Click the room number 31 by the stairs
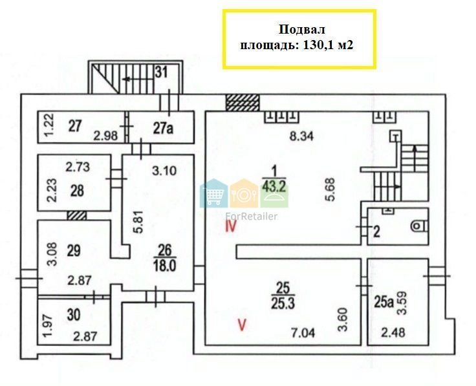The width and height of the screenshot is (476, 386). (161, 72)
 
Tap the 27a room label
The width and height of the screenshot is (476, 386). (163, 128)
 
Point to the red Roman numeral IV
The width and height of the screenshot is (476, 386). (230, 226)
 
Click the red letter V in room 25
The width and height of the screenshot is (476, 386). (242, 325)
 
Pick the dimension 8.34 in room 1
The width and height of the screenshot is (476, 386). (301, 136)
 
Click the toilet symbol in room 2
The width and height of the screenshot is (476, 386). (420, 226)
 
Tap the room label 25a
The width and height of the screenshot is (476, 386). (384, 302)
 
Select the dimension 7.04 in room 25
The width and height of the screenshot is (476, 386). (303, 333)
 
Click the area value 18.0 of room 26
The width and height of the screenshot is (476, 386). (165, 266)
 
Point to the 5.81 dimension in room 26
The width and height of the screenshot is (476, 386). (138, 222)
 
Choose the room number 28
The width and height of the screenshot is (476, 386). (77, 191)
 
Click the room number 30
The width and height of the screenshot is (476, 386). (74, 315)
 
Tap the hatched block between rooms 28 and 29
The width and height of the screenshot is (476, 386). (77, 216)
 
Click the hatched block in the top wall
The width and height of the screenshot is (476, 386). (243, 102)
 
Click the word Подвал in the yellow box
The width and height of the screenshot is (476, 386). (302, 30)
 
